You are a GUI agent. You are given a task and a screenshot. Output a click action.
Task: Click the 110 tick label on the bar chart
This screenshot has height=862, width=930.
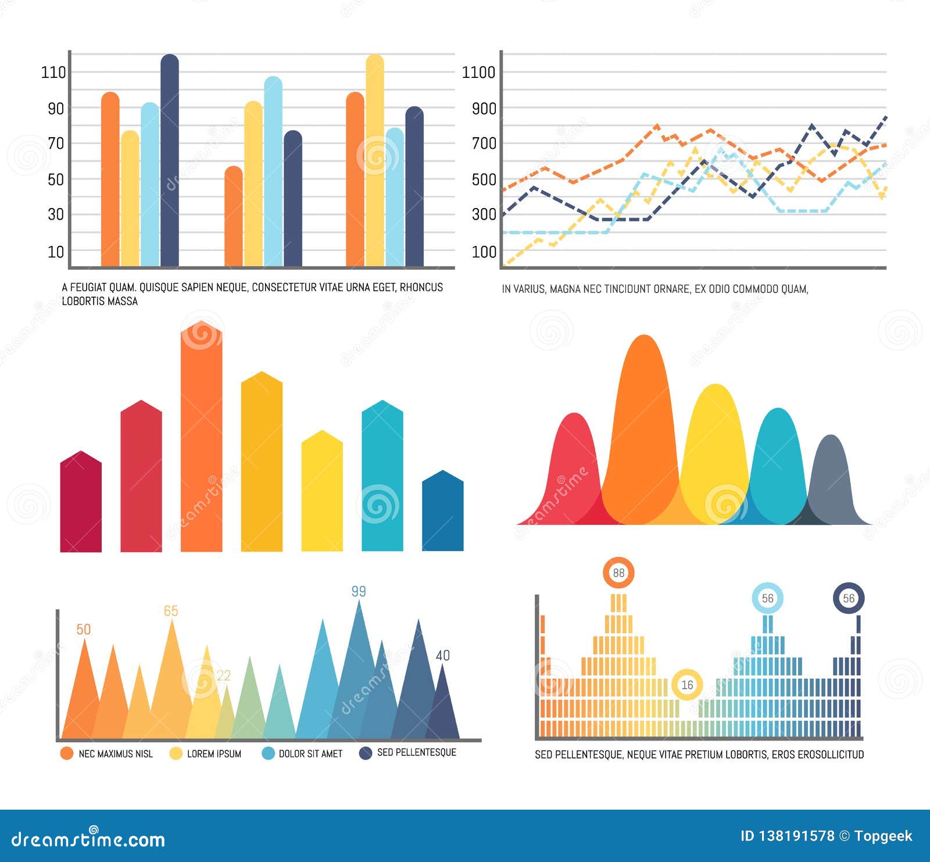pos(53,73)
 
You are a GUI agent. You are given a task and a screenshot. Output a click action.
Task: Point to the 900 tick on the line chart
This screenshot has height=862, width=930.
pos(484,109)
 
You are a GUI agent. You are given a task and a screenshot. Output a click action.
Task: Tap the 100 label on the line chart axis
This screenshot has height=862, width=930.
pos(484,252)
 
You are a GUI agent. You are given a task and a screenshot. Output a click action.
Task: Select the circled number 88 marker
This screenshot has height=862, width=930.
pos(618,573)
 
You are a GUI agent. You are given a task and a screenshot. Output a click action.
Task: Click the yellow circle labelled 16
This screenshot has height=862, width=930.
pos(687,685)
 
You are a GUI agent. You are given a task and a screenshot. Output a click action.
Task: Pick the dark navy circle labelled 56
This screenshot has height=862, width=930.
pos(849,598)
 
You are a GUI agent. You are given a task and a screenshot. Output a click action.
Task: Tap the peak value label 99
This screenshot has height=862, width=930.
pos(359,592)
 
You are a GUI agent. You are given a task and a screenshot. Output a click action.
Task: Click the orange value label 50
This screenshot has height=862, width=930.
pos(84,629)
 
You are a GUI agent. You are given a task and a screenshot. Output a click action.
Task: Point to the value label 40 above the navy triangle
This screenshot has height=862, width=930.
pos(443,656)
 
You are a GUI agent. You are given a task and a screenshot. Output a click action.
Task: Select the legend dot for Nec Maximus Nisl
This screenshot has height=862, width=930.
pos(67,753)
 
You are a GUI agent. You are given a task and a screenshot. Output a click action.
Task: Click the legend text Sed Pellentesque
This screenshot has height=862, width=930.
pos(416,752)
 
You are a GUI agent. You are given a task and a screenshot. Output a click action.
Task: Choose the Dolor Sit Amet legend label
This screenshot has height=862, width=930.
pos(310,754)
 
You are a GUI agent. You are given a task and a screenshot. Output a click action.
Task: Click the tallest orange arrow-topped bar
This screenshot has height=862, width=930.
pos(201,442)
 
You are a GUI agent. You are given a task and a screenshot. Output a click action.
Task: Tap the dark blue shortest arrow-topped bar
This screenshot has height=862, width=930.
pos(443,514)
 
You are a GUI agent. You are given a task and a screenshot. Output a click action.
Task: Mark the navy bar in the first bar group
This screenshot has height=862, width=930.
pos(170,163)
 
